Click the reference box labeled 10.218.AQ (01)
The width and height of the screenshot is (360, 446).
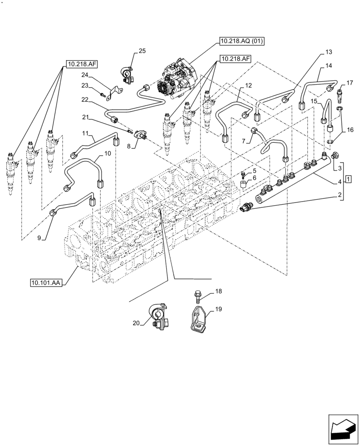pyautogui.click(x=242, y=42)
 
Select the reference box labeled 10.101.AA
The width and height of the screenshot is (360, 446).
pyautogui.click(x=46, y=282)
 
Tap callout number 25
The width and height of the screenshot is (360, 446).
pyautogui.click(x=142, y=51)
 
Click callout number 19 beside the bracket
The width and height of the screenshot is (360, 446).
pyautogui.click(x=218, y=309)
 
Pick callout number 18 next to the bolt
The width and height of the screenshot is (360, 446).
pyautogui.click(x=218, y=291)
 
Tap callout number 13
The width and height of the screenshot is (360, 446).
pyautogui.click(x=328, y=52)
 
